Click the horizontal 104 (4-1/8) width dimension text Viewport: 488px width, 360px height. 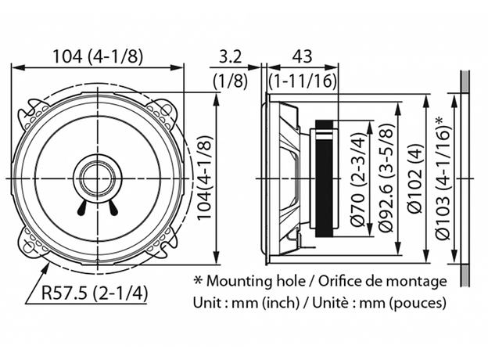[x=99, y=56]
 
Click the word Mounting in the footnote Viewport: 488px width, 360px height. [x=237, y=280]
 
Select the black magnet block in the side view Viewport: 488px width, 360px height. [x=325, y=179]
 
